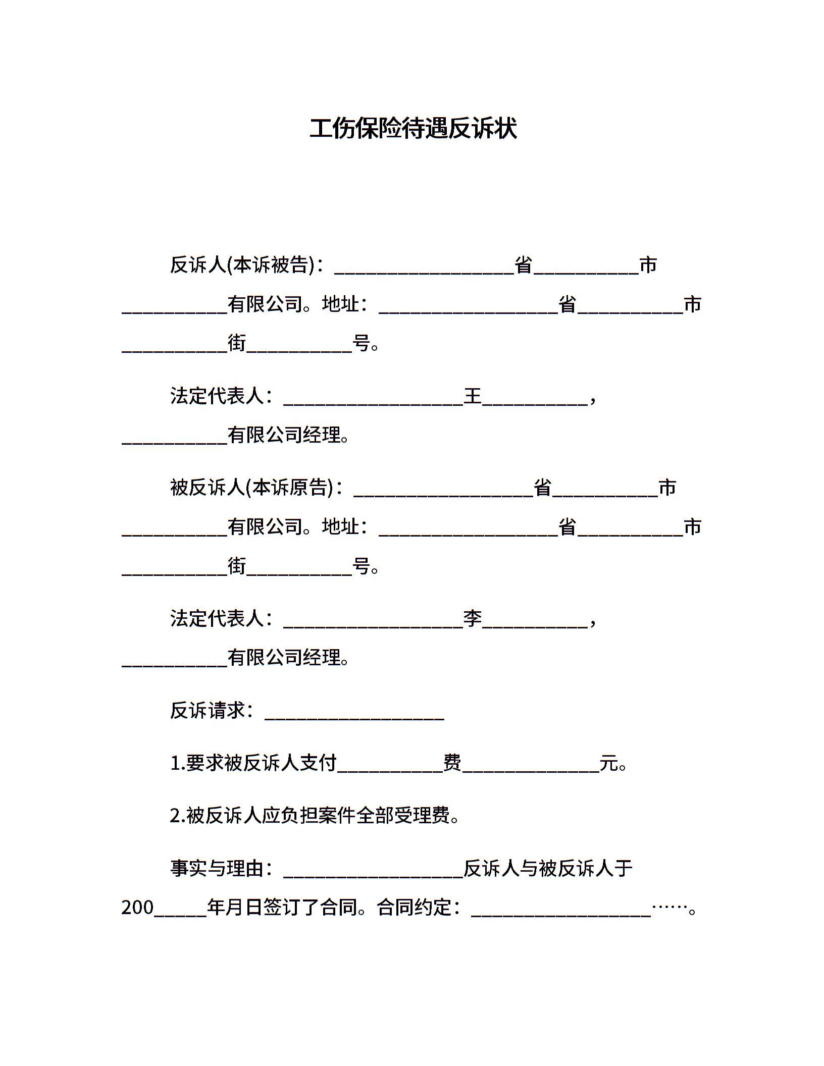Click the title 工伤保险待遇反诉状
(x=413, y=129)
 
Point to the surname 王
(x=473, y=396)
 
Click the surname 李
(x=473, y=618)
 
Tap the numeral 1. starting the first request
(x=178, y=763)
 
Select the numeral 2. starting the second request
(x=178, y=816)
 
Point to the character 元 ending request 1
(x=608, y=763)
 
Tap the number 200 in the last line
(x=137, y=908)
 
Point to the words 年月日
(x=235, y=907)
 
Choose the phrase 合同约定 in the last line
(x=414, y=907)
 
